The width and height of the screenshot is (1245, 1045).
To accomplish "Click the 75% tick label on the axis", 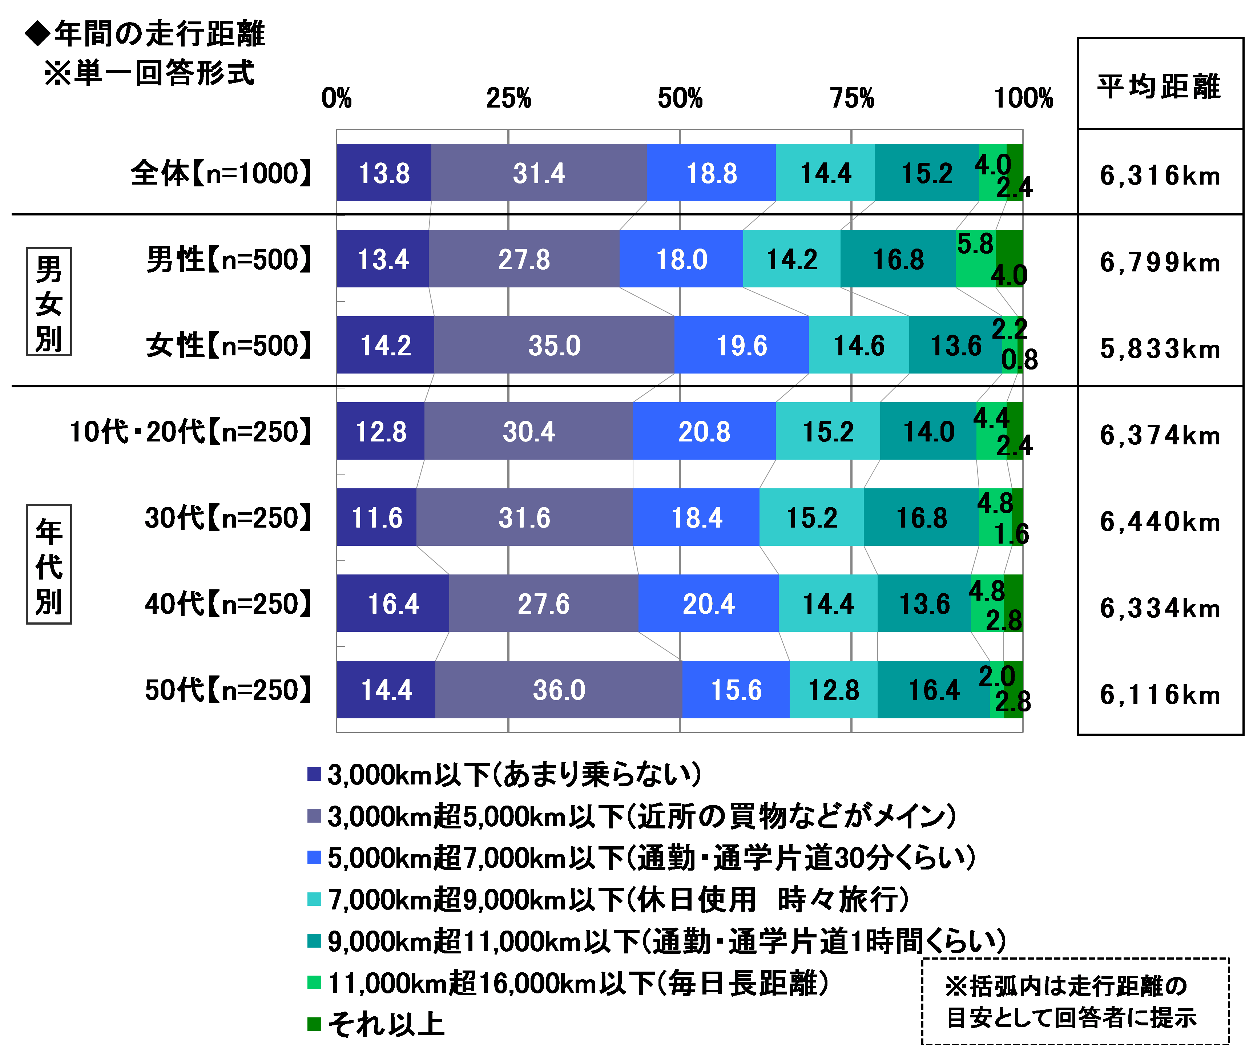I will pyautogui.click(x=852, y=98).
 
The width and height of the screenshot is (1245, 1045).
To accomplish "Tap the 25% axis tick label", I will pyautogui.click(x=509, y=98).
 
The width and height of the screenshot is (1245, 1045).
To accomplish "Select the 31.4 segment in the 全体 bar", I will pyautogui.click(x=539, y=173).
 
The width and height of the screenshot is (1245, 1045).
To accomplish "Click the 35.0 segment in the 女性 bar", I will pyautogui.click(x=554, y=345).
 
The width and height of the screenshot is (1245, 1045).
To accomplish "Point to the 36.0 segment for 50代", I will pyautogui.click(x=559, y=689).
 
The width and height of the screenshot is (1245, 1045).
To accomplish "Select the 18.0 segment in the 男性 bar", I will pyautogui.click(x=681, y=259).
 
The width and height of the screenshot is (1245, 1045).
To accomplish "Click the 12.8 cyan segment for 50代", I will pyautogui.click(x=834, y=689).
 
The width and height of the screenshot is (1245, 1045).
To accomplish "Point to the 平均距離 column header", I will pyautogui.click(x=1160, y=86).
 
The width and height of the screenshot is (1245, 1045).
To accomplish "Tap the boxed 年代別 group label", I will pyautogui.click(x=49, y=564).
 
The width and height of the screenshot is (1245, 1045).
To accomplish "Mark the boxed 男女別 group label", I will pyautogui.click(x=49, y=302).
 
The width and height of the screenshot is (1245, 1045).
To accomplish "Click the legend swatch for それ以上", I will pyautogui.click(x=314, y=1024).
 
